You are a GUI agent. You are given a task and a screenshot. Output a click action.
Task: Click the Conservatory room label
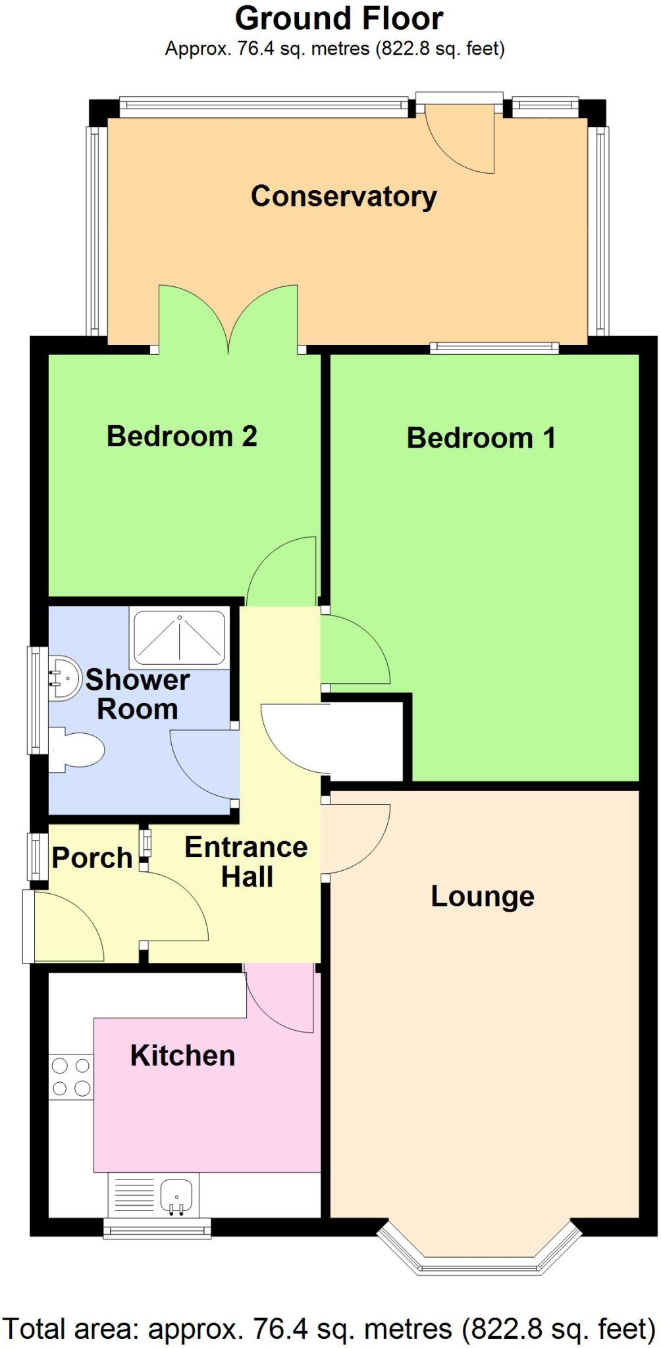(344, 197)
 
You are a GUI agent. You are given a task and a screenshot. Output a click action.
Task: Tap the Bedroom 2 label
(182, 436)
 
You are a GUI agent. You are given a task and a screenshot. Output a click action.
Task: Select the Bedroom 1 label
(481, 438)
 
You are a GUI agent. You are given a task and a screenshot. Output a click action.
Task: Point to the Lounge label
(483, 897)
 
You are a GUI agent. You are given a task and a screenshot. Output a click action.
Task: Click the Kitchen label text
(182, 1056)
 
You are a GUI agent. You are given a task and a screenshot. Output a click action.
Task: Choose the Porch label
(92, 858)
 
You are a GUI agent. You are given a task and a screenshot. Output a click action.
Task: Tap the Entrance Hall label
(246, 862)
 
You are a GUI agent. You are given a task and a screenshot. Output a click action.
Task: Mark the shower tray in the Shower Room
(180, 639)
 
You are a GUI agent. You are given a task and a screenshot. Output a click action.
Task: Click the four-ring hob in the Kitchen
(71, 1077)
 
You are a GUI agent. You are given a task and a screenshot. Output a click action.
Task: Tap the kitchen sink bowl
(176, 1195)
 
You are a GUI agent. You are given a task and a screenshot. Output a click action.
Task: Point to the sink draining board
(134, 1195)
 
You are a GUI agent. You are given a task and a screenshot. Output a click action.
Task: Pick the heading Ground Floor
(339, 18)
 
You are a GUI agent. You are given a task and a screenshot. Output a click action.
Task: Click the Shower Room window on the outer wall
(38, 700)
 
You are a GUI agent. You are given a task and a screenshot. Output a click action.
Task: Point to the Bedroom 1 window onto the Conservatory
(494, 348)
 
